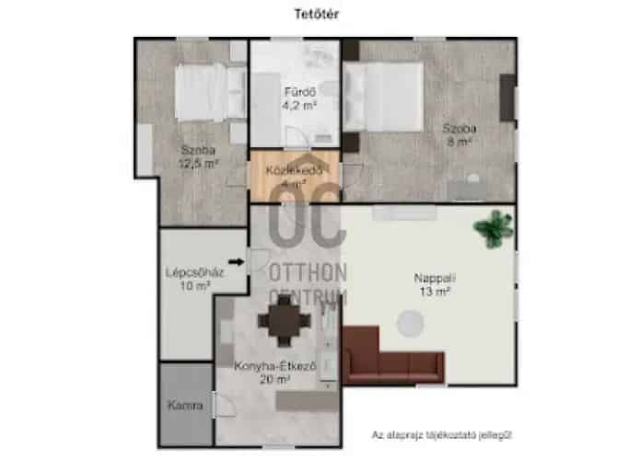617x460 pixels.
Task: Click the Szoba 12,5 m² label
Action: pyautogui.click(x=197, y=157)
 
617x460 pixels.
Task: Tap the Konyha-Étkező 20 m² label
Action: pyautogui.click(x=262, y=371)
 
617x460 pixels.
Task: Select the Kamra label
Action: pyautogui.click(x=184, y=405)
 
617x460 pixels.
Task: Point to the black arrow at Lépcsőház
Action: pyautogui.click(x=236, y=262)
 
